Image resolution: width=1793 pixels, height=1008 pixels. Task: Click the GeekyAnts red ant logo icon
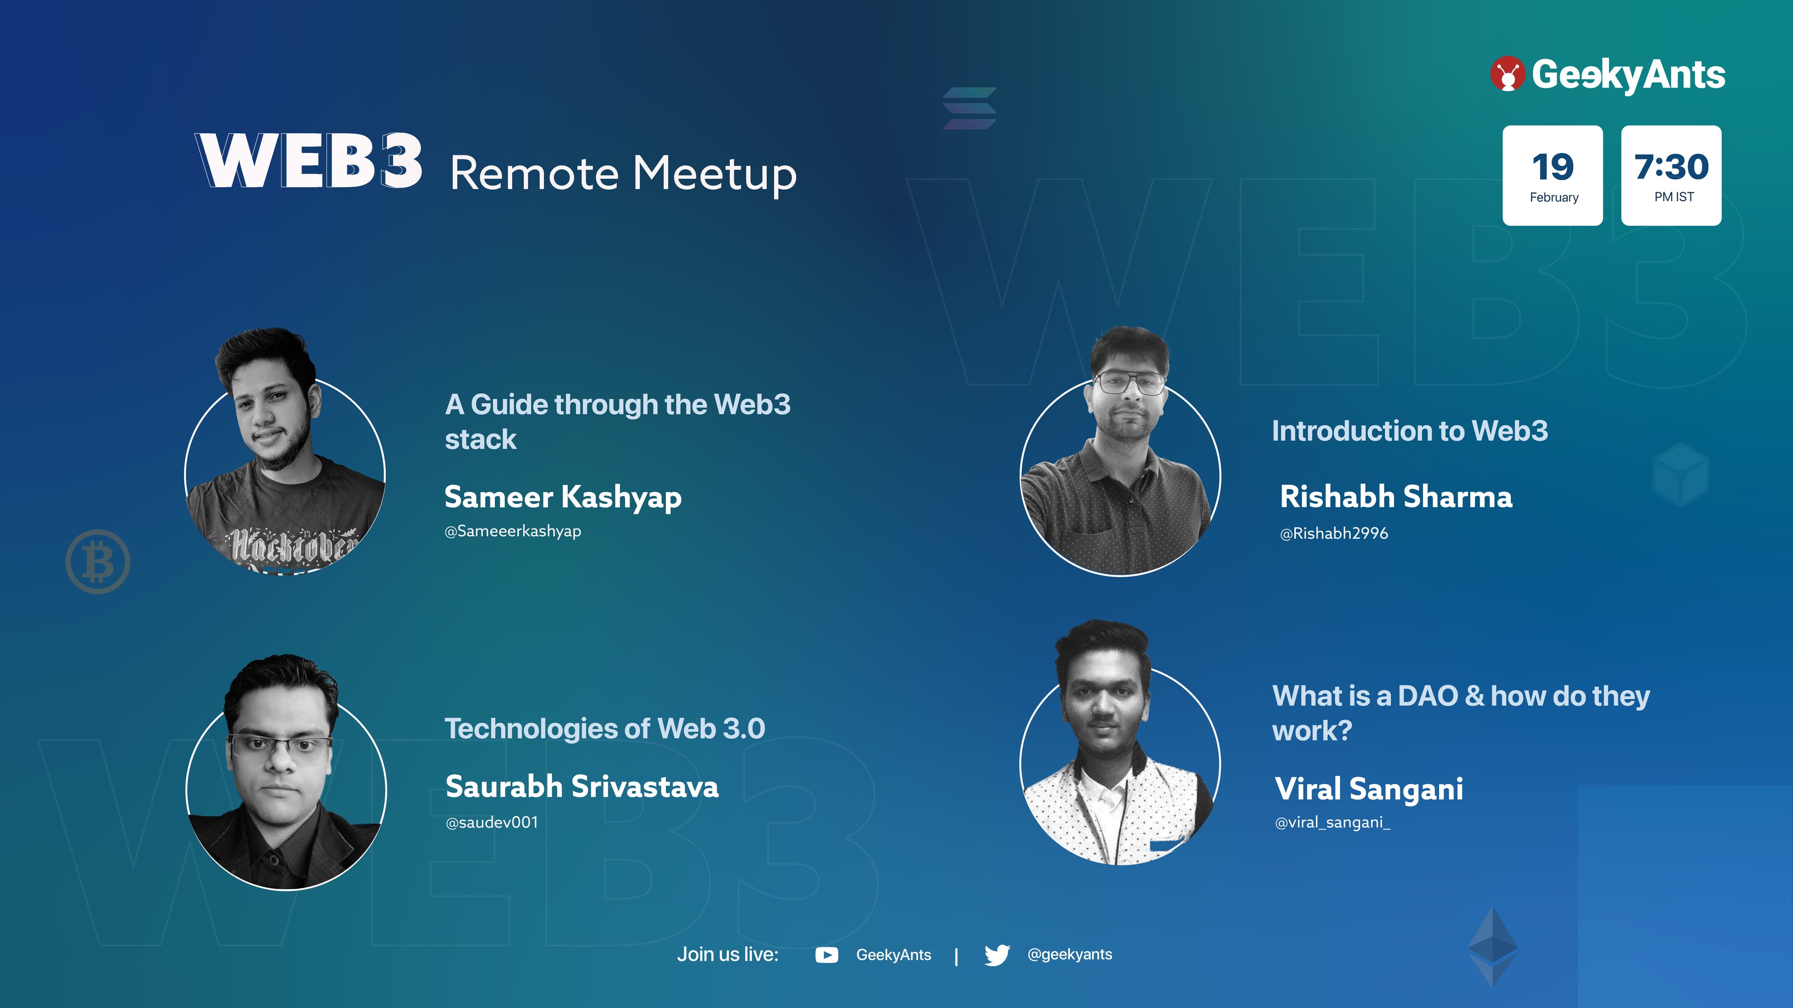[1508, 74]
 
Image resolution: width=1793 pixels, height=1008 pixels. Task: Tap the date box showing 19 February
[1553, 175]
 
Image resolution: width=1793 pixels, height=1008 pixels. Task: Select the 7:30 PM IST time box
[1671, 175]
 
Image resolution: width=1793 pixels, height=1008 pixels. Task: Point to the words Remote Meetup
[623, 174]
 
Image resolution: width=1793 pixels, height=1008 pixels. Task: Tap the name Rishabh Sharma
[1396, 497]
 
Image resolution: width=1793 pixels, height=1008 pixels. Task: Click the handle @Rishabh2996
[1334, 533]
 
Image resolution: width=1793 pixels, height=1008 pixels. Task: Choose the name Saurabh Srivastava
[582, 787]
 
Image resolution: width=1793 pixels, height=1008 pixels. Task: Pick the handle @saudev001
[491, 822]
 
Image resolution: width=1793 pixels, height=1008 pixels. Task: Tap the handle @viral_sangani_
[1332, 823]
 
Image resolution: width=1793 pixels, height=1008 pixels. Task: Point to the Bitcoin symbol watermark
[98, 562]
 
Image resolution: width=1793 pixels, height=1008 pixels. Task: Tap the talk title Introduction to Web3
[1410, 431]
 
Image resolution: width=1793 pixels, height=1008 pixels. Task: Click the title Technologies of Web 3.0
[605, 729]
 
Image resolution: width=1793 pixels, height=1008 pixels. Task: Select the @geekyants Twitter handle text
[1070, 954]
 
